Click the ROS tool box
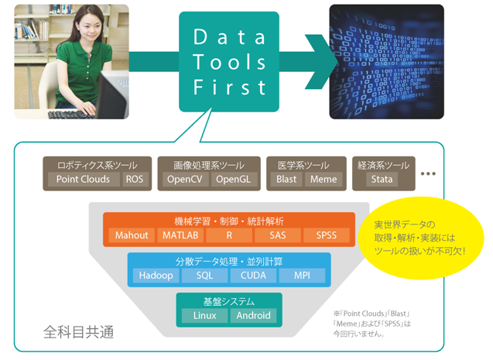pos(134,180)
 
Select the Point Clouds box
pos(84,180)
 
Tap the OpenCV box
pos(183,180)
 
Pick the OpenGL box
pos(232,180)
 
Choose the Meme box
pos(324,180)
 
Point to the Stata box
pos(382,180)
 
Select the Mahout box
pos(131,235)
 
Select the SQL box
pos(204,276)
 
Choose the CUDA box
pos(252,276)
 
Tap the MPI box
pos(302,276)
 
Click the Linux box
pos(204,316)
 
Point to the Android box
pos(253,316)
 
